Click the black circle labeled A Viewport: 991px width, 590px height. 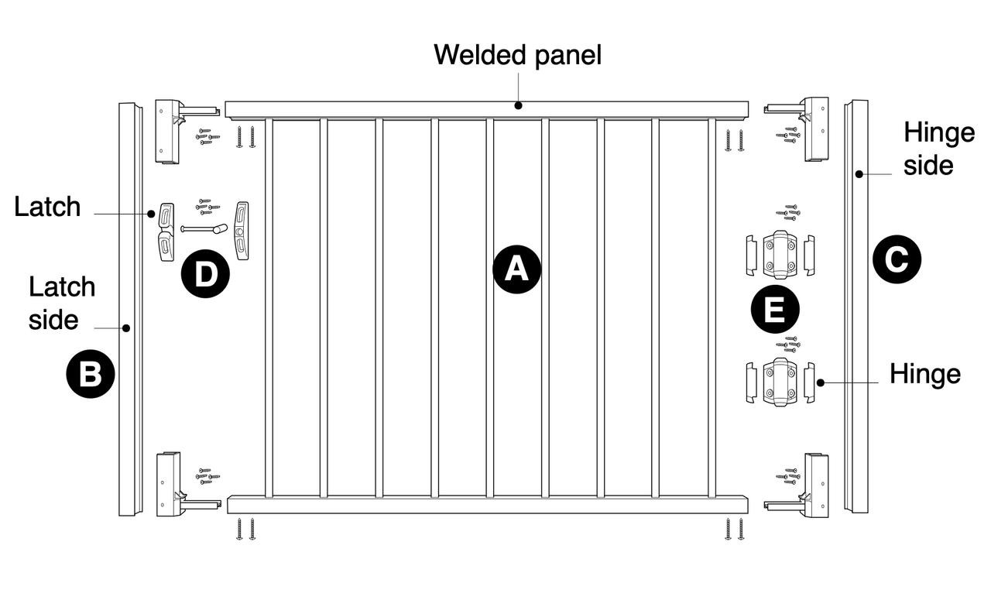tap(516, 269)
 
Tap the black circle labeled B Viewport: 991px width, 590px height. tap(91, 375)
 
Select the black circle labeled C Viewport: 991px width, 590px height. tap(897, 259)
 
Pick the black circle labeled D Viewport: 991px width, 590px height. tap(205, 275)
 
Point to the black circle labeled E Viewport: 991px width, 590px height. tap(775, 310)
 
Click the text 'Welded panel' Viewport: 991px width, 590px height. tap(517, 55)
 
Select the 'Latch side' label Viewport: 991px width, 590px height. tap(61, 303)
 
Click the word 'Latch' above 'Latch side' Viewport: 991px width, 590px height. tap(47, 207)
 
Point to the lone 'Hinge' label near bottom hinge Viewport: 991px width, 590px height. tap(924, 374)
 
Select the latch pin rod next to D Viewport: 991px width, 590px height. tap(203, 229)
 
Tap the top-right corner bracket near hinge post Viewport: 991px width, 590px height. tap(814, 128)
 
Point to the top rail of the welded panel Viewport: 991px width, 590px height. tap(486, 109)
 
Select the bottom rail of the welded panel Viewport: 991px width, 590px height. tap(486, 505)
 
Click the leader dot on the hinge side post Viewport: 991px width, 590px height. tap(859, 174)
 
